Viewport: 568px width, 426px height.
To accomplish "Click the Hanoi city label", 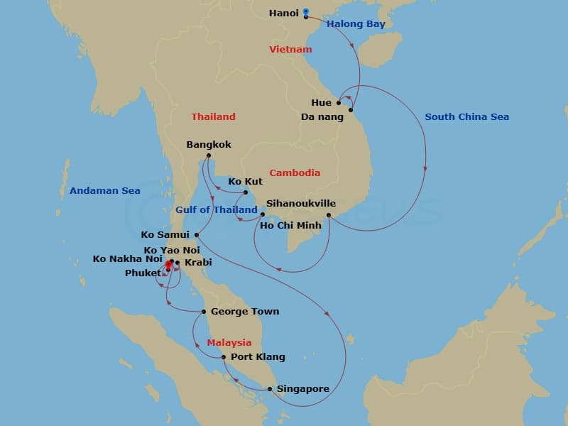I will [284, 13].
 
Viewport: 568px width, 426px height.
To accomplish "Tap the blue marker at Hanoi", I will [306, 12].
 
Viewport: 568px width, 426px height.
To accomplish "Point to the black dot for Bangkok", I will [208, 156].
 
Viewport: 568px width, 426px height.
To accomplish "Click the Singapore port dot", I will [270, 388].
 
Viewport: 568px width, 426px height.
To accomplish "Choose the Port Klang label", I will [258, 357].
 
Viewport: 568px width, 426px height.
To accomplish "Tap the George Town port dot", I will [204, 312].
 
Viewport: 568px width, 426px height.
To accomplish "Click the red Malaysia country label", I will [229, 343].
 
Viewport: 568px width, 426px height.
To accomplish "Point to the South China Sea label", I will [466, 117].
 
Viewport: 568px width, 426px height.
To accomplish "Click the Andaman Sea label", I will [105, 191].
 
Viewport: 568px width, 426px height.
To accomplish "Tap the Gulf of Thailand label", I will [216, 210].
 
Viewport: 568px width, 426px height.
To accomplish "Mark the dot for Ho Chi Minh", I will [329, 215].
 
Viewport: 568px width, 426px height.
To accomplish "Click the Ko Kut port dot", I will [246, 192].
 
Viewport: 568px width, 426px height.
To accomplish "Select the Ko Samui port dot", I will [197, 235].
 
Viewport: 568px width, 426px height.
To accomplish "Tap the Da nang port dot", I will [351, 110].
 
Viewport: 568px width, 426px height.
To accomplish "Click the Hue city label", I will [321, 103].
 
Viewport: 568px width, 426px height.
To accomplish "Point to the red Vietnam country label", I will [290, 50].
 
